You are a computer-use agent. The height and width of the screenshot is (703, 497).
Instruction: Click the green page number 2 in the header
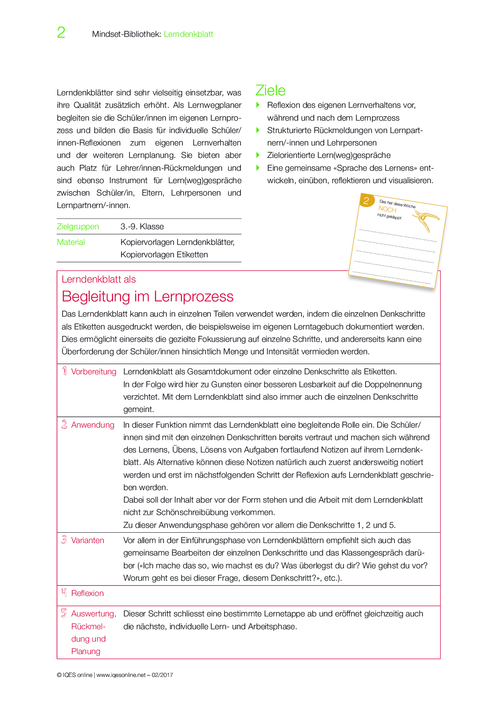pos(61,32)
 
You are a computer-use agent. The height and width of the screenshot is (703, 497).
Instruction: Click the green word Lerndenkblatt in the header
pos(188,34)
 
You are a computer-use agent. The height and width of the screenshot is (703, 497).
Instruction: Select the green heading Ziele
pos(271,91)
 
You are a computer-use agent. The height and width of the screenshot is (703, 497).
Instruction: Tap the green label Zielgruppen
pos(78,226)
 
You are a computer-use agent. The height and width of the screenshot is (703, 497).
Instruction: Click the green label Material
pos(71,242)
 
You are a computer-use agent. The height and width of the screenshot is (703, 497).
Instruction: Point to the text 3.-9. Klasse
pos(142,226)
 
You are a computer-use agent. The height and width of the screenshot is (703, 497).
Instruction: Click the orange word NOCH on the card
pos(387,209)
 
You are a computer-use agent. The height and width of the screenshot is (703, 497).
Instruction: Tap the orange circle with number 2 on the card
pos(366,200)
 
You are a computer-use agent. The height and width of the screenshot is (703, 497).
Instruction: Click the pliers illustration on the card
pos(427,220)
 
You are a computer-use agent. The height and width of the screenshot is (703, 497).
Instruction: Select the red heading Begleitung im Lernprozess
pos(147,297)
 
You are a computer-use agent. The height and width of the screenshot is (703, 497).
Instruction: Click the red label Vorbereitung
pos(94,372)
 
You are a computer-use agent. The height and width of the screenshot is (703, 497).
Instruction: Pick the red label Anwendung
pos(93,425)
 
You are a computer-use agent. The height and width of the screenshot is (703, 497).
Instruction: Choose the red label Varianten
pos(87,540)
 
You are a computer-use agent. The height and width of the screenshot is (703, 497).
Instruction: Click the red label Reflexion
pos(87,593)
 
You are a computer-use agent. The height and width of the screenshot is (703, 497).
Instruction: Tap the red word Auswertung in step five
pos(93,614)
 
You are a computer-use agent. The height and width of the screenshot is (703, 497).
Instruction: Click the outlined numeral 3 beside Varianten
pos(64,540)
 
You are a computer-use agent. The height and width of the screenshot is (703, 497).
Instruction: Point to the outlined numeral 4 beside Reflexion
pos(64,593)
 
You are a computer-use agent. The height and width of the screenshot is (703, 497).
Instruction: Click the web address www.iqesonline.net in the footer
pos(121,675)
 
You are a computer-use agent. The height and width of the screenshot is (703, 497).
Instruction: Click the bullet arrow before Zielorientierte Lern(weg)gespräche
pos(258,155)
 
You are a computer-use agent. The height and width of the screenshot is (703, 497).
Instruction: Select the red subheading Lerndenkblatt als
pos(99,279)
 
